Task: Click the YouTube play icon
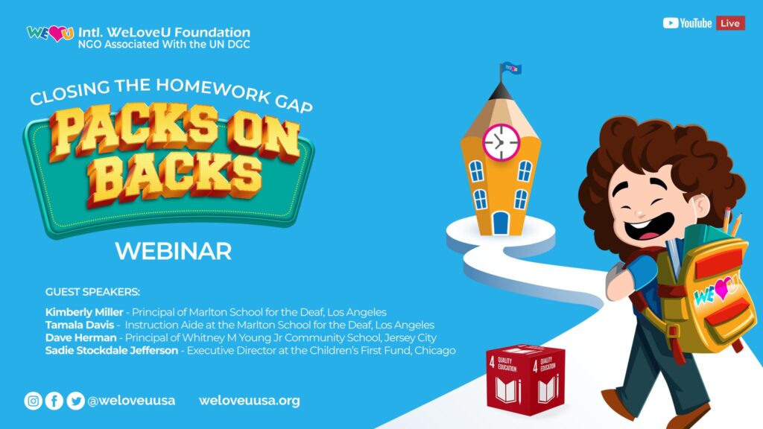pyautogui.click(x=670, y=23)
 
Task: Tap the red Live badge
pyautogui.click(x=730, y=23)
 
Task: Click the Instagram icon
pyautogui.click(x=33, y=401)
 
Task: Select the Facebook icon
pyautogui.click(x=54, y=401)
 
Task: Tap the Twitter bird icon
pyautogui.click(x=75, y=401)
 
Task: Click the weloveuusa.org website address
pyautogui.click(x=249, y=401)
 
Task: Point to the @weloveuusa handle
pyautogui.click(x=131, y=401)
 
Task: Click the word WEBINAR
pyautogui.click(x=173, y=251)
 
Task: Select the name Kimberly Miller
pyautogui.click(x=84, y=312)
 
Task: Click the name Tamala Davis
pyautogui.click(x=79, y=325)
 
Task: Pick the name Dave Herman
pyautogui.click(x=80, y=337)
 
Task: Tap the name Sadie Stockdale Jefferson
pyautogui.click(x=112, y=350)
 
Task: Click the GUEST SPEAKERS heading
pyautogui.click(x=92, y=292)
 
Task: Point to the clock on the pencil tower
pyautogui.click(x=501, y=142)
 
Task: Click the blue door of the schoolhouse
pyautogui.click(x=500, y=223)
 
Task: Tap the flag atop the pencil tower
pyautogui.click(x=510, y=69)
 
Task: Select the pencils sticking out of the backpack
pyautogui.click(x=732, y=222)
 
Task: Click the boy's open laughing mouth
pyautogui.click(x=649, y=228)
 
